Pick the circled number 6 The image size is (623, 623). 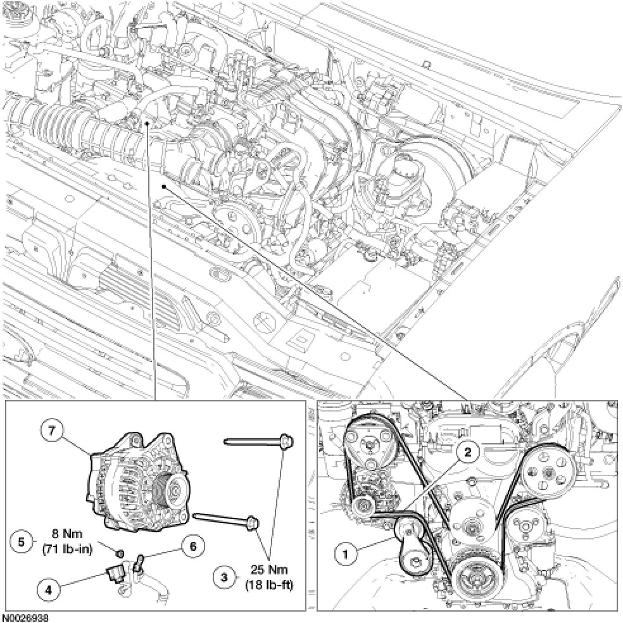point(191,544)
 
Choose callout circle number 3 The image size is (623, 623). point(222,577)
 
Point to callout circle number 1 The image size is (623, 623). point(346,555)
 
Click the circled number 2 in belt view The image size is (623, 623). point(467,452)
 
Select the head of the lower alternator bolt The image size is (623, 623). point(254,522)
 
